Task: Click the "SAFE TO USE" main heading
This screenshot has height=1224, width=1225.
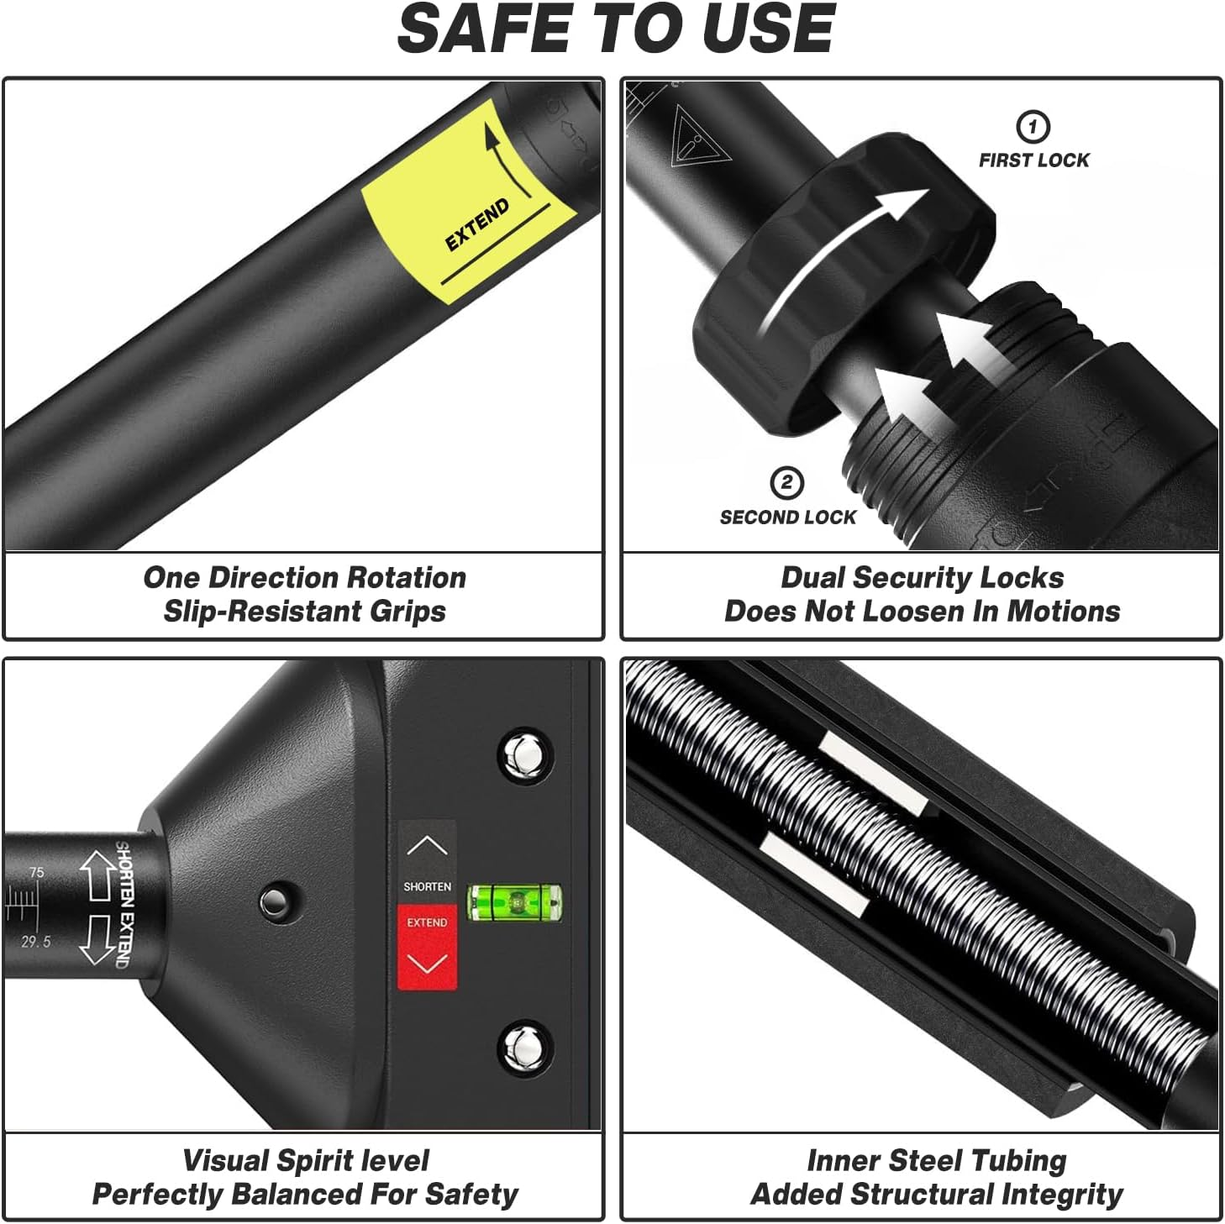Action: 615,29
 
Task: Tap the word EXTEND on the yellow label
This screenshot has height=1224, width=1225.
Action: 476,225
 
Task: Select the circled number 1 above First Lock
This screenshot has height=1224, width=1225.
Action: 1033,127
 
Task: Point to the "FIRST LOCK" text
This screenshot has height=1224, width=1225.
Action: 1033,160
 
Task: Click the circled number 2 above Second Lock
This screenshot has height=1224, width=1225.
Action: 786,482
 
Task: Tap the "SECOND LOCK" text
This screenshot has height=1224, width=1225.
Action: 787,517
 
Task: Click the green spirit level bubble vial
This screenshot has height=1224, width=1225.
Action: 515,902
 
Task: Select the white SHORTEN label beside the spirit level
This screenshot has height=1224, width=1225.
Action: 427,886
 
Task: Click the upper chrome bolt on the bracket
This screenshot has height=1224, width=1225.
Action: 525,756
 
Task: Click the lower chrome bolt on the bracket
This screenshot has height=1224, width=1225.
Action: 525,1048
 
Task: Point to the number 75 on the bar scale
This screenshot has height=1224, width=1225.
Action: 37,872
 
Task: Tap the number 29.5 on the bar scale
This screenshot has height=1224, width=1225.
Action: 35,942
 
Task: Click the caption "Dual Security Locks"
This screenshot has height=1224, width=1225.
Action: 922,578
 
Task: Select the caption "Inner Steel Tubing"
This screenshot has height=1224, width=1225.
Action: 936,1160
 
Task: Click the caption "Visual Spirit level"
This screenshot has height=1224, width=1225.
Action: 306,1160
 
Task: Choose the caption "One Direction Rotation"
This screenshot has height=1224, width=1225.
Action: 305,577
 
